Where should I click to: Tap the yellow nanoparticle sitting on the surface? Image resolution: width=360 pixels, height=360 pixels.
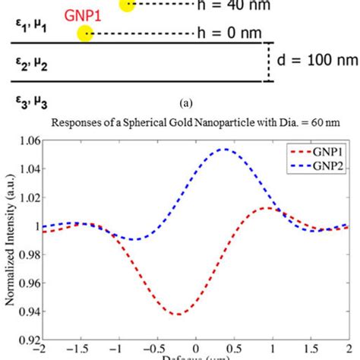85,33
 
